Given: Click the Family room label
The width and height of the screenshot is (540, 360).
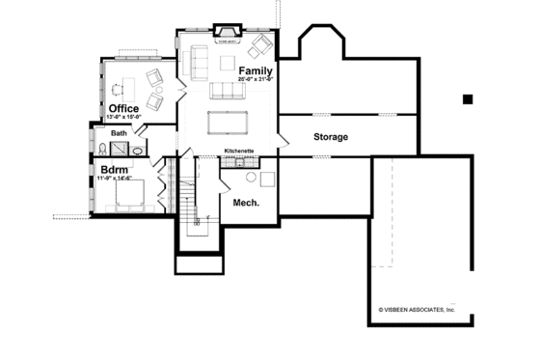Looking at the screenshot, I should pyautogui.click(x=255, y=70).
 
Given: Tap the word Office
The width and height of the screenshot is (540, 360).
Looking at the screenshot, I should pyautogui.click(x=123, y=108).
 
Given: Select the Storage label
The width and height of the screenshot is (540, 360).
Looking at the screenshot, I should pyautogui.click(x=330, y=137).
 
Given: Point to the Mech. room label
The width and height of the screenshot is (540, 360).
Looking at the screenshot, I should pyautogui.click(x=247, y=203).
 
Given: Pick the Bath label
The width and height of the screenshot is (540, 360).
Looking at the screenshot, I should pyautogui.click(x=119, y=133).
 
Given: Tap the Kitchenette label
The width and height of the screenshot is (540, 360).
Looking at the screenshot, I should pyautogui.click(x=239, y=152).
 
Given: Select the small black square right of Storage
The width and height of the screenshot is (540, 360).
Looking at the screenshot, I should pyautogui.click(x=467, y=98).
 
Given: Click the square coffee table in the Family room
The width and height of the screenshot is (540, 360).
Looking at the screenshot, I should pyautogui.click(x=228, y=64).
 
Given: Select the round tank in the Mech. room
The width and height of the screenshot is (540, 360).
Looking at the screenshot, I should pyautogui.click(x=251, y=179).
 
